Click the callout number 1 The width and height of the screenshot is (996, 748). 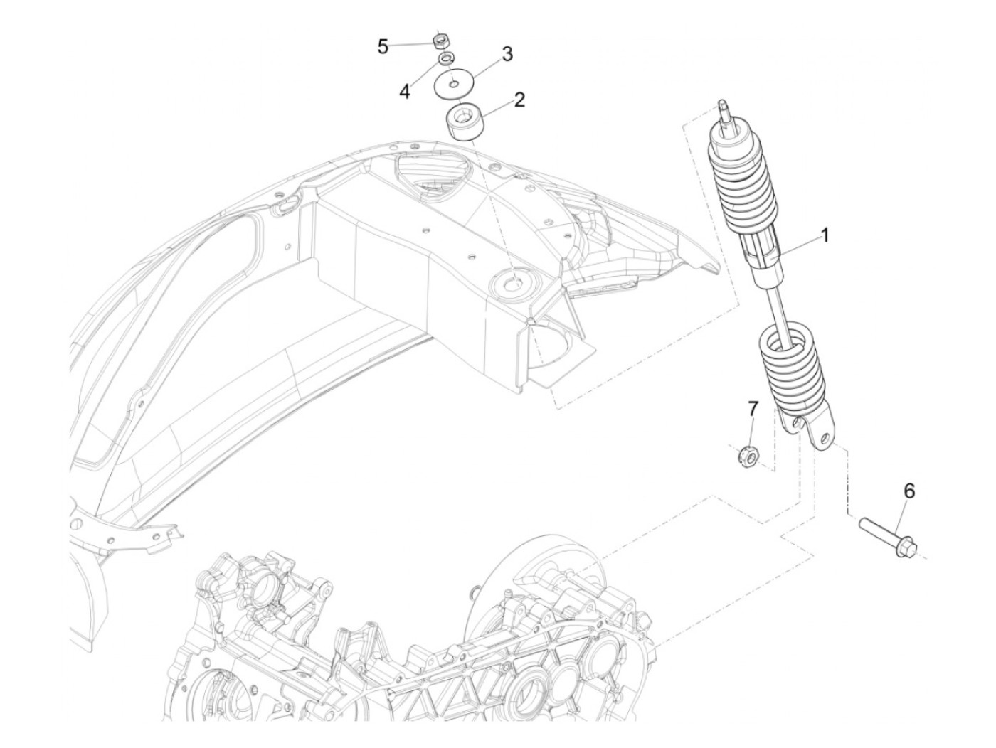825,235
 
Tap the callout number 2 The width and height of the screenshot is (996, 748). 519,99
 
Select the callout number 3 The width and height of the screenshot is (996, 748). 507,54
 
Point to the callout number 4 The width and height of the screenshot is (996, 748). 405,91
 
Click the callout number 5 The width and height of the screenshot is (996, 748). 383,47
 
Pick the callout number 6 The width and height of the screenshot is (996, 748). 909,491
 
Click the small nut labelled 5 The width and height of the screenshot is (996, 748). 440,40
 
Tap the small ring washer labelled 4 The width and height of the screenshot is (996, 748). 445,58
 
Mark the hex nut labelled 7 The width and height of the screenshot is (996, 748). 746,454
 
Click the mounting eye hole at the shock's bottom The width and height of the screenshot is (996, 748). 825,437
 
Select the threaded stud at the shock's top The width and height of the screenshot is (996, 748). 724,111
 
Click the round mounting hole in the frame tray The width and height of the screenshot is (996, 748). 513,282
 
